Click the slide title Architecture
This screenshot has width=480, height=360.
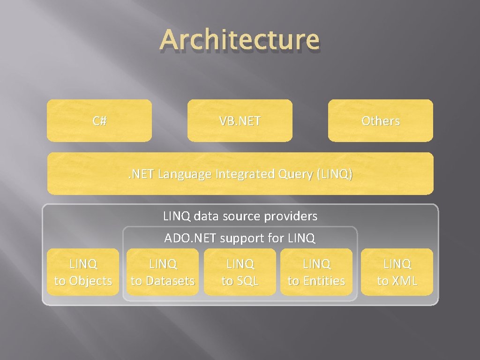[240, 39]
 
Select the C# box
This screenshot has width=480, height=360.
[99, 120]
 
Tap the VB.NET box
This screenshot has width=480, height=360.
[240, 120]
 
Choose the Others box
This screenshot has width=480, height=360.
[380, 120]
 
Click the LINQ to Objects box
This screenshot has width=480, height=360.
[83, 272]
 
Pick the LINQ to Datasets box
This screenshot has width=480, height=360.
[162, 272]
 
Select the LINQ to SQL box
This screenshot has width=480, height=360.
[240, 272]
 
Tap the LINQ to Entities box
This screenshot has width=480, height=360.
[316, 272]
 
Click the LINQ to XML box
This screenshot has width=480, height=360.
[397, 272]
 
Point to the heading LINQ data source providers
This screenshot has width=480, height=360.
[240, 216]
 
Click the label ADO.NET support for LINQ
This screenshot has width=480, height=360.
[240, 238]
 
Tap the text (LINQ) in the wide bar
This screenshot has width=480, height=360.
[335, 174]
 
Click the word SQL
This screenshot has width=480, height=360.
[246, 281]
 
